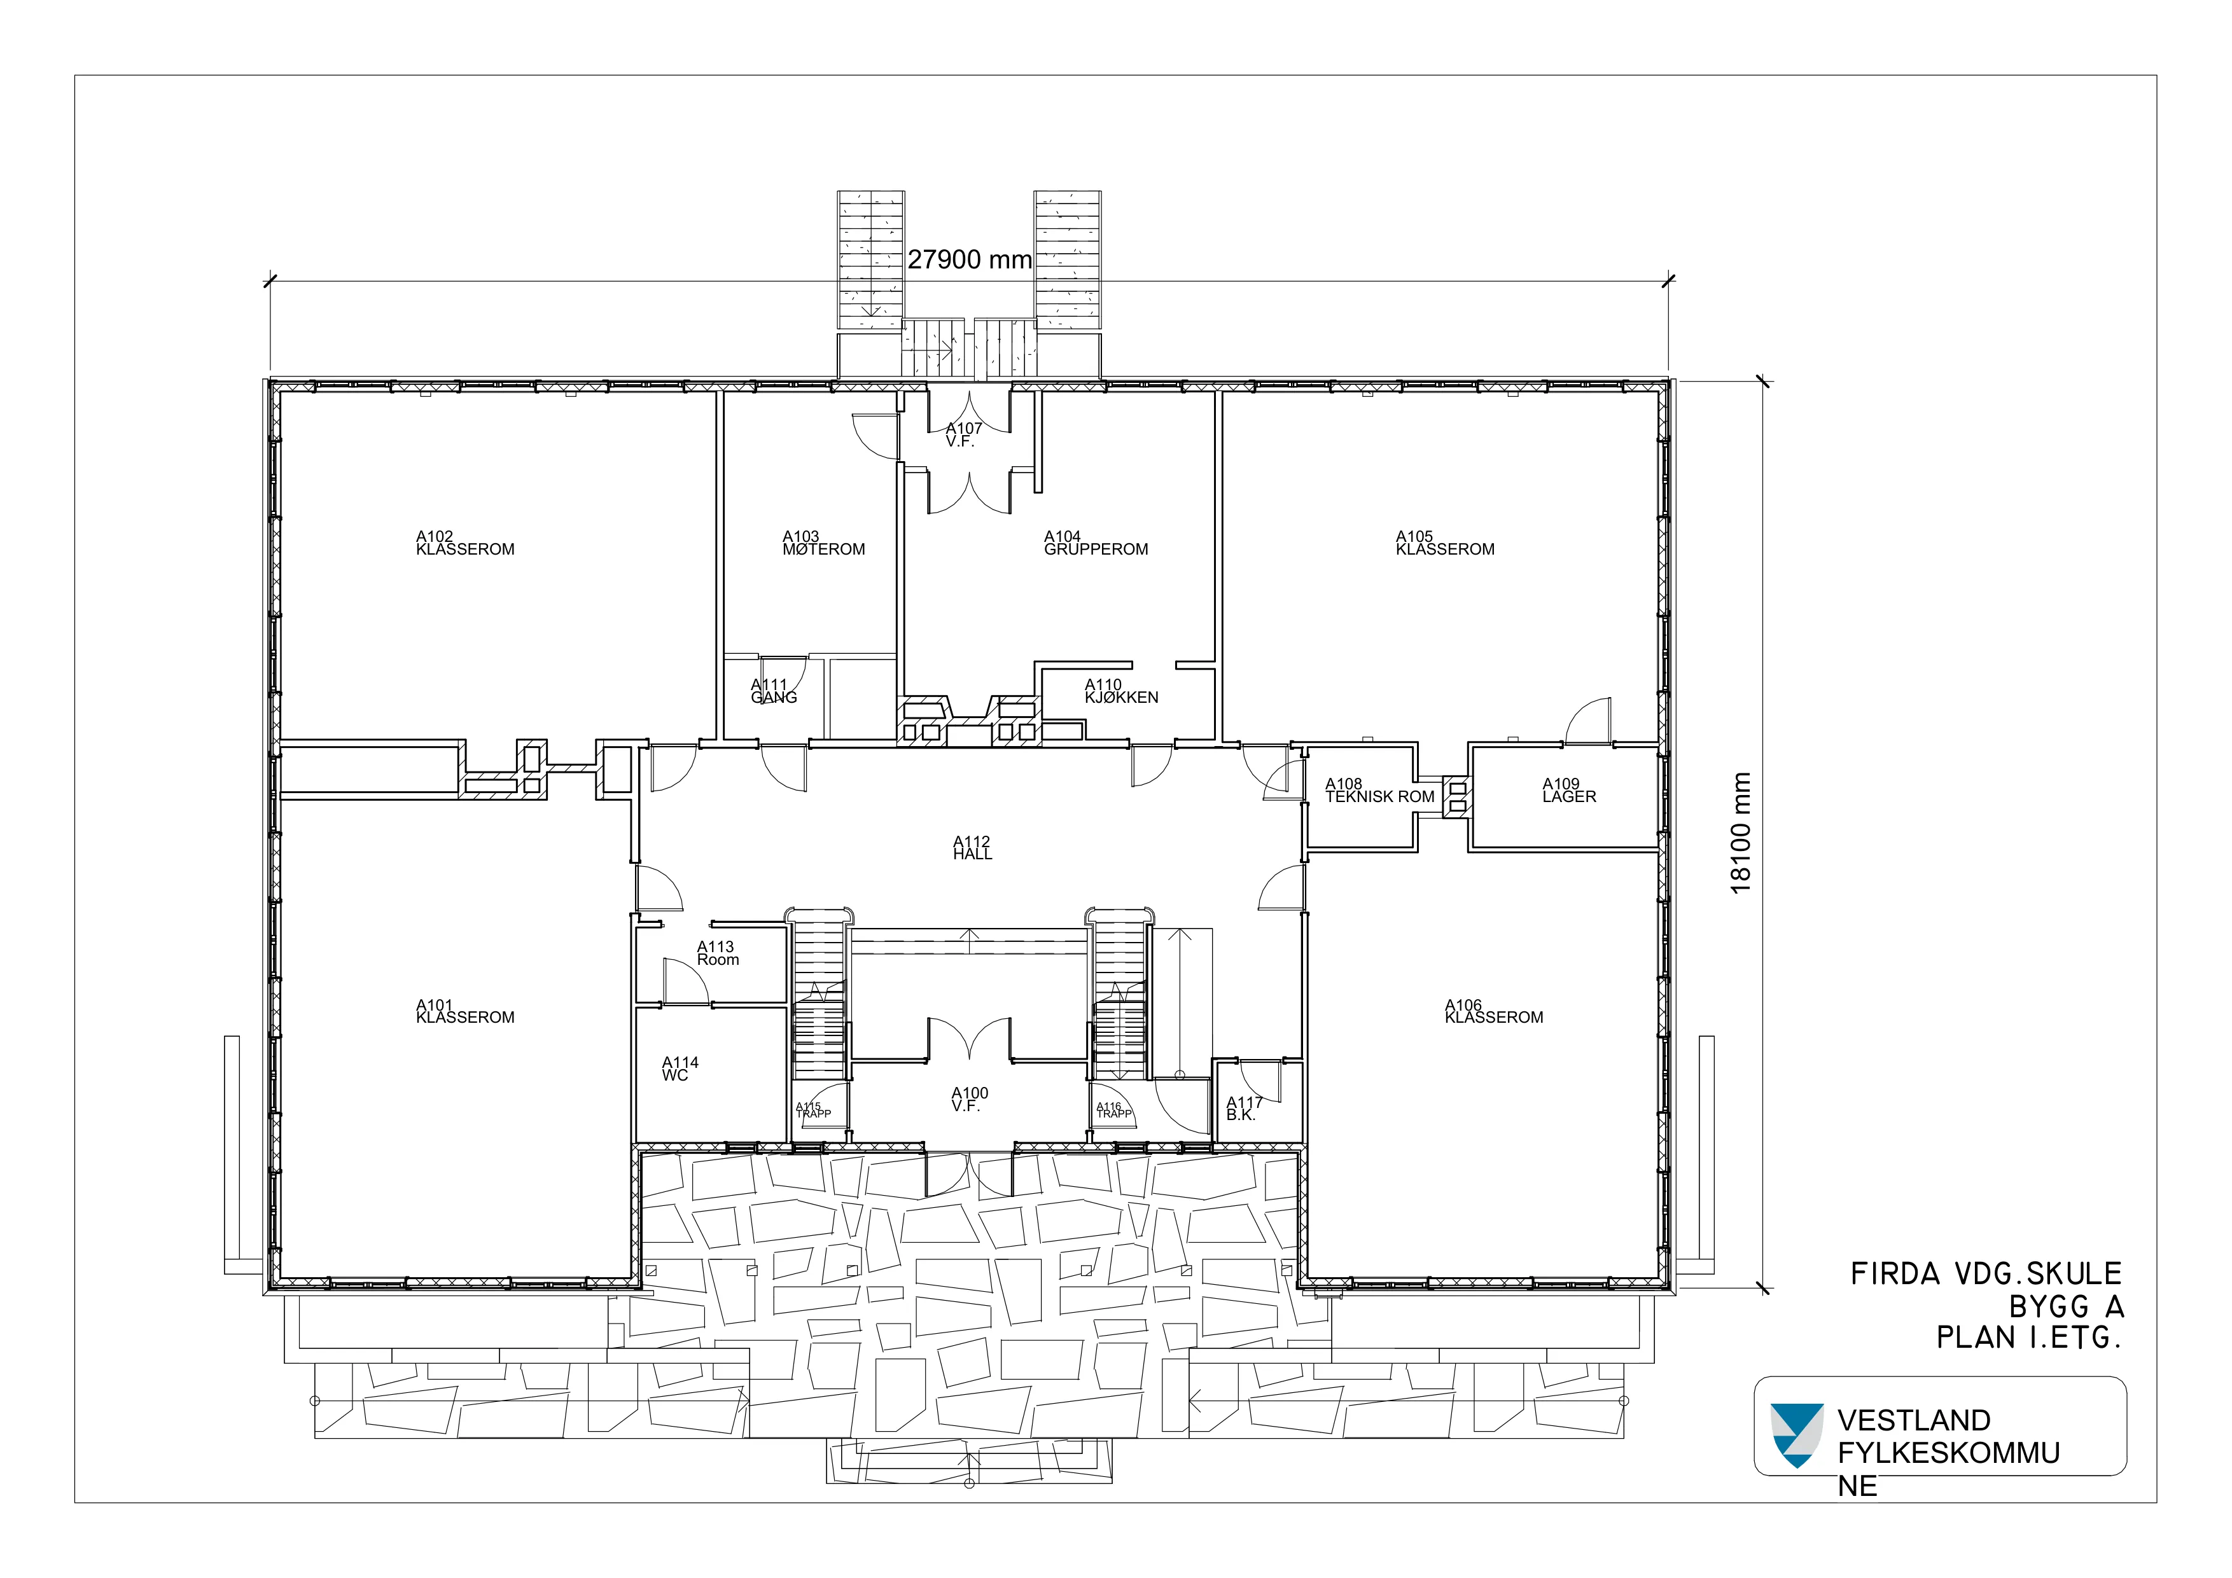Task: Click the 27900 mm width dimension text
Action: (969, 260)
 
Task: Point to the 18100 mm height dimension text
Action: (1740, 833)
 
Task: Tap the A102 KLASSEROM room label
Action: (464, 543)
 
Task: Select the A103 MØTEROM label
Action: (823, 543)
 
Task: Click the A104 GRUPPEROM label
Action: (1096, 543)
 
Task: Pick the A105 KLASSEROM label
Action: (1444, 543)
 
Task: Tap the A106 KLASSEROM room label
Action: (1493, 1011)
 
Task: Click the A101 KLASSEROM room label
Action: (464, 1011)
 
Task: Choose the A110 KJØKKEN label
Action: (1121, 691)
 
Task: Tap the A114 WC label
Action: (680, 1069)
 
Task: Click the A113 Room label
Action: (718, 953)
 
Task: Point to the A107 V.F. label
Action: (963, 434)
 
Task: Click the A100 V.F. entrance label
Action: (969, 1100)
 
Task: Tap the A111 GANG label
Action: (774, 691)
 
